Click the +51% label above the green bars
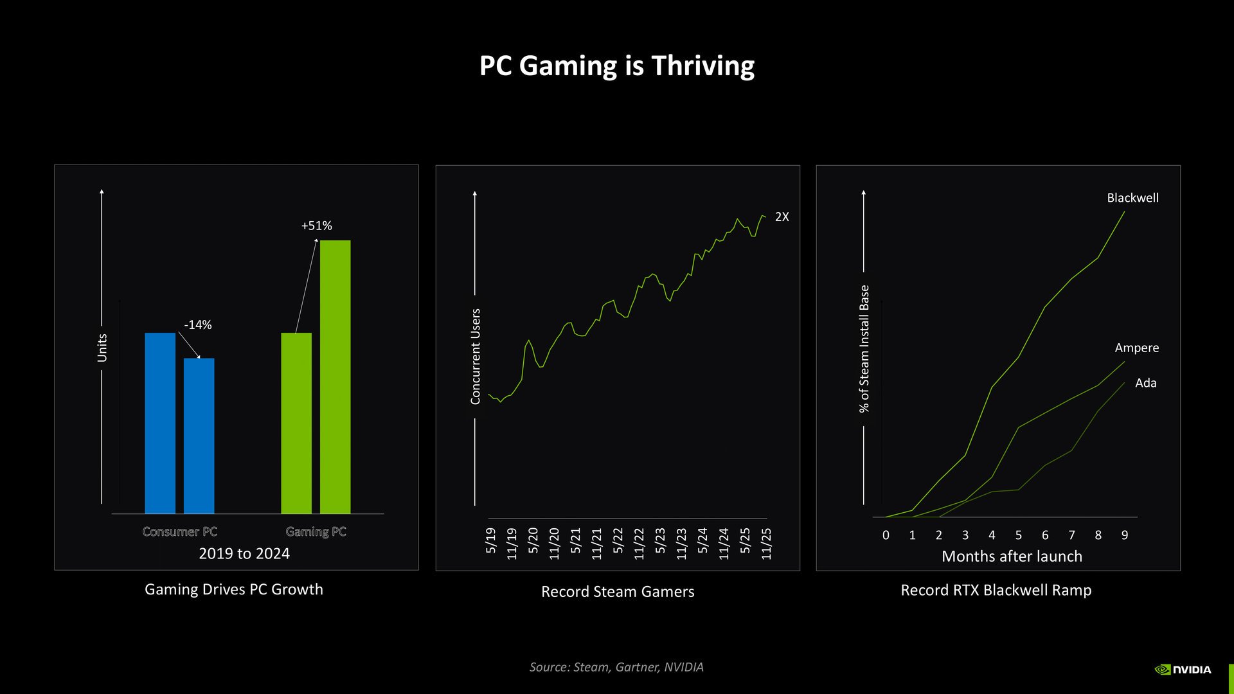tap(316, 226)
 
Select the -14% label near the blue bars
tap(197, 325)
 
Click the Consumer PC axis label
tap(179, 531)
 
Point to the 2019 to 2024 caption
tap(244, 553)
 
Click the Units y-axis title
tap(102, 348)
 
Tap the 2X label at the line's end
tap(782, 217)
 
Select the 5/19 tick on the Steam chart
tap(490, 540)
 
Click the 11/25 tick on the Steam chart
tap(766, 544)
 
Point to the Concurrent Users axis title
tap(476, 357)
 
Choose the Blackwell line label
tap(1132, 198)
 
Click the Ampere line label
tap(1136, 348)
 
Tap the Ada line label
tap(1145, 383)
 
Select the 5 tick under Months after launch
tap(1018, 535)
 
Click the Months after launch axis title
tap(1012, 556)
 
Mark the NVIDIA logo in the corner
tap(1183, 670)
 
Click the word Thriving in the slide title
tap(702, 66)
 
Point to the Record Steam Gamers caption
tap(617, 591)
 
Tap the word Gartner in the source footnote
tap(636, 667)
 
